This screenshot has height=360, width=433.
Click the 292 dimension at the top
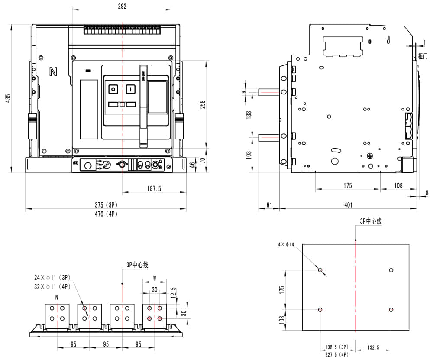[x=122, y=6]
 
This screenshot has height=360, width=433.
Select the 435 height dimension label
[x=7, y=99]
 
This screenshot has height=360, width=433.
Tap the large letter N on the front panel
[x=53, y=72]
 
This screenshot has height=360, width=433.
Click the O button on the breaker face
[x=113, y=89]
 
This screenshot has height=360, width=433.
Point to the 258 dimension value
[x=203, y=105]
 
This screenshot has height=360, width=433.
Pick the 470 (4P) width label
[x=106, y=214]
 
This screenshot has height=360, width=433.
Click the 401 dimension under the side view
[x=348, y=205]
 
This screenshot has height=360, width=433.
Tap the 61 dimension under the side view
[x=269, y=205]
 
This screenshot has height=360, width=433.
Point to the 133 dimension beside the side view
[x=249, y=115]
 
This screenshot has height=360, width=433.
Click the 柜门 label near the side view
[x=423, y=56]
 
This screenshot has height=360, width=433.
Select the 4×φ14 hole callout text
[x=286, y=245]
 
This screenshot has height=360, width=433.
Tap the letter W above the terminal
[x=154, y=278]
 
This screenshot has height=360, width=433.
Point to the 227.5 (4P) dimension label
[x=336, y=354]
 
